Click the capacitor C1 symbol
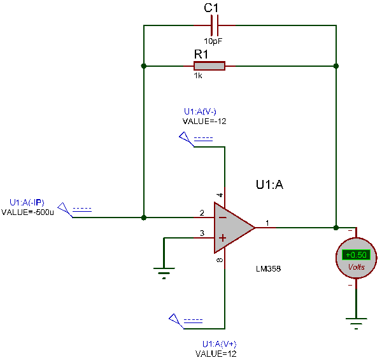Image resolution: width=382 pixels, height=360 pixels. coord(214,25)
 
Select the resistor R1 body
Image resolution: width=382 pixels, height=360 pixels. coord(209,66)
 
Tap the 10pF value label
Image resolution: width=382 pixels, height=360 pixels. coord(213,40)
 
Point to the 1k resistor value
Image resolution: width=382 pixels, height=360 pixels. coord(199,75)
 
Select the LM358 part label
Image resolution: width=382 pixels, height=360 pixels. coord(268,269)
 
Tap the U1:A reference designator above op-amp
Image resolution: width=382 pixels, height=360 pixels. coord(269,185)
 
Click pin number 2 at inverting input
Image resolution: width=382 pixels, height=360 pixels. coord(202,212)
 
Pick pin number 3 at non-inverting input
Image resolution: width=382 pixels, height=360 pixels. coord(202,233)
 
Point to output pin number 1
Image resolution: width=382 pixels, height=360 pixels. coord(267,223)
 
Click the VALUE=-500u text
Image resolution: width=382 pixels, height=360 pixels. coord(28,212)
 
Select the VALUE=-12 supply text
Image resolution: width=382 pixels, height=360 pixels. coord(204,121)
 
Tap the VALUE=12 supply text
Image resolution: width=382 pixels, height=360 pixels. coord(215,352)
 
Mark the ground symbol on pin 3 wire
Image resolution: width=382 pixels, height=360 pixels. coord(164,273)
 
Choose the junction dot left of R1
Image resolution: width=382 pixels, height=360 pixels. coord(145,66)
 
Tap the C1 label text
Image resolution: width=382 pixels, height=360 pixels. coord(211,8)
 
